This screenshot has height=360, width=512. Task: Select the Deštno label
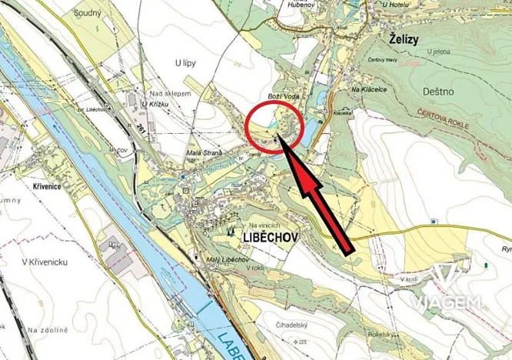tap(439, 91)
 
